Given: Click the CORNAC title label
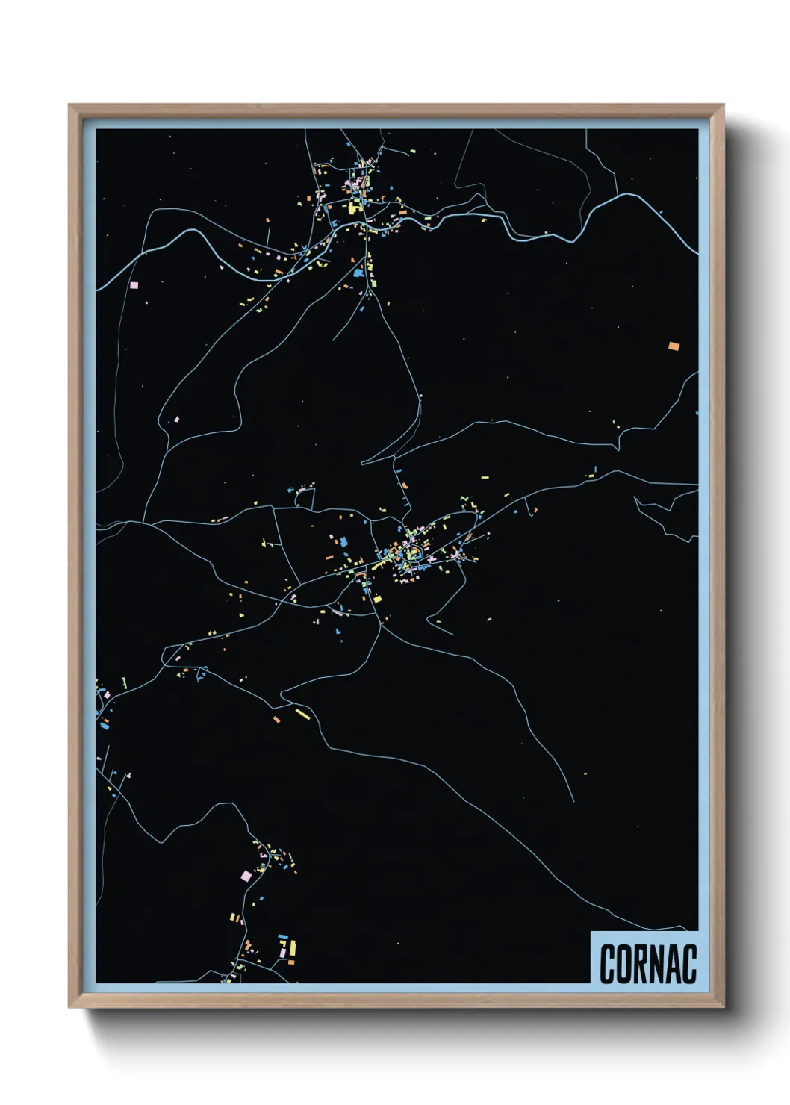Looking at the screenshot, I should point(647,964).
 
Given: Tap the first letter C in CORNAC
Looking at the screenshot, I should point(606,964).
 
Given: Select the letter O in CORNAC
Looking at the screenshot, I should point(623,964).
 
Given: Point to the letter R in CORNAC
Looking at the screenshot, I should point(640,964).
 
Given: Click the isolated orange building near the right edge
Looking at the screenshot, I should point(674,346).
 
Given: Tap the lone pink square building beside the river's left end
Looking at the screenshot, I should point(134,285).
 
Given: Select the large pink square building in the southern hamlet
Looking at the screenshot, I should point(246,875).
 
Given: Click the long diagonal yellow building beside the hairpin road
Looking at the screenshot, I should point(302,714).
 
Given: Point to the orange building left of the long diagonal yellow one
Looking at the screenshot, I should point(276,720).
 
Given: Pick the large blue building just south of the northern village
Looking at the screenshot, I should point(359,274).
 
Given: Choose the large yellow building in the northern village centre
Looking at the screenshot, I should point(352,208).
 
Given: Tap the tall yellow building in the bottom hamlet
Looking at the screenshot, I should point(292,947).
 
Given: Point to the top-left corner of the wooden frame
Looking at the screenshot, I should point(69,105).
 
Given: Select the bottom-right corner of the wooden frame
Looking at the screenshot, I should point(723,1006).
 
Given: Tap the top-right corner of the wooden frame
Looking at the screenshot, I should point(723,105).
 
